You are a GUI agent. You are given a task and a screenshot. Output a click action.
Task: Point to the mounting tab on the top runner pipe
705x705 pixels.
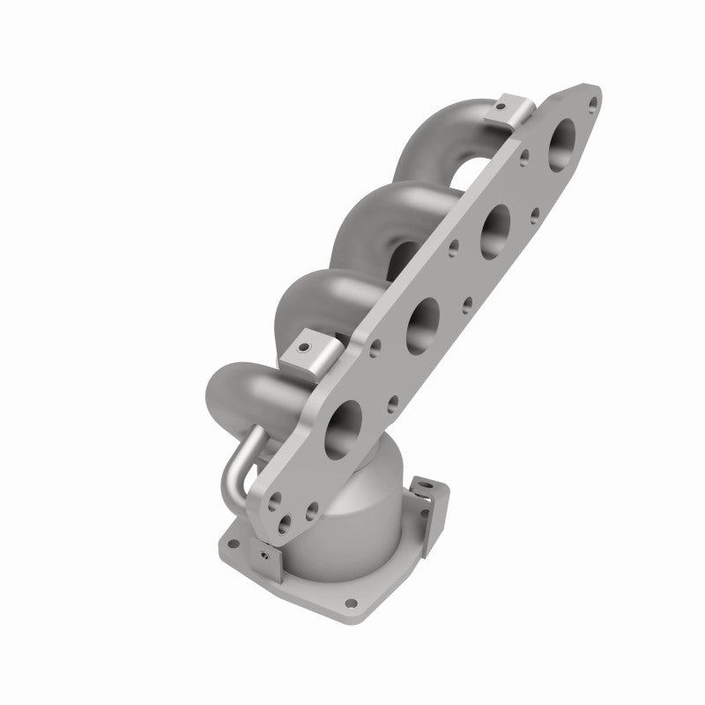(512, 109)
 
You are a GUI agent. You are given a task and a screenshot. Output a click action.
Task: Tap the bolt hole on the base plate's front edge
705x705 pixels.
(353, 605)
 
